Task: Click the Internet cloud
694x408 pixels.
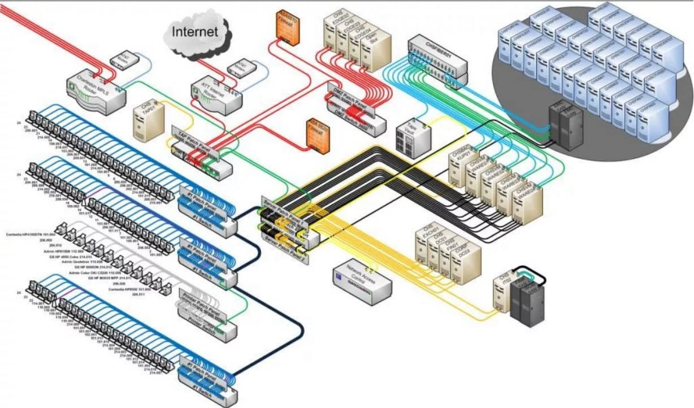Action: (195, 32)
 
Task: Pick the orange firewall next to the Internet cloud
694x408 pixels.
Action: (287, 25)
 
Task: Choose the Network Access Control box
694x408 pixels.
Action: (362, 281)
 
